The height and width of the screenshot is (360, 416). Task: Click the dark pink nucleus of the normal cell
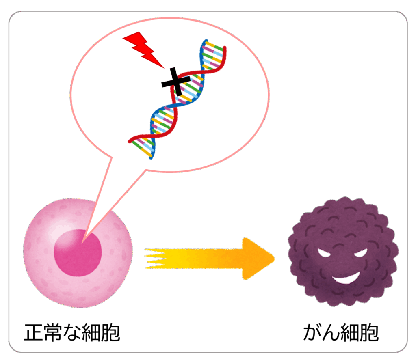coord(78,251)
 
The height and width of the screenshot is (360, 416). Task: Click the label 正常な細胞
coord(72,332)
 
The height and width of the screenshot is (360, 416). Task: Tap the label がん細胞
coord(341,332)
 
